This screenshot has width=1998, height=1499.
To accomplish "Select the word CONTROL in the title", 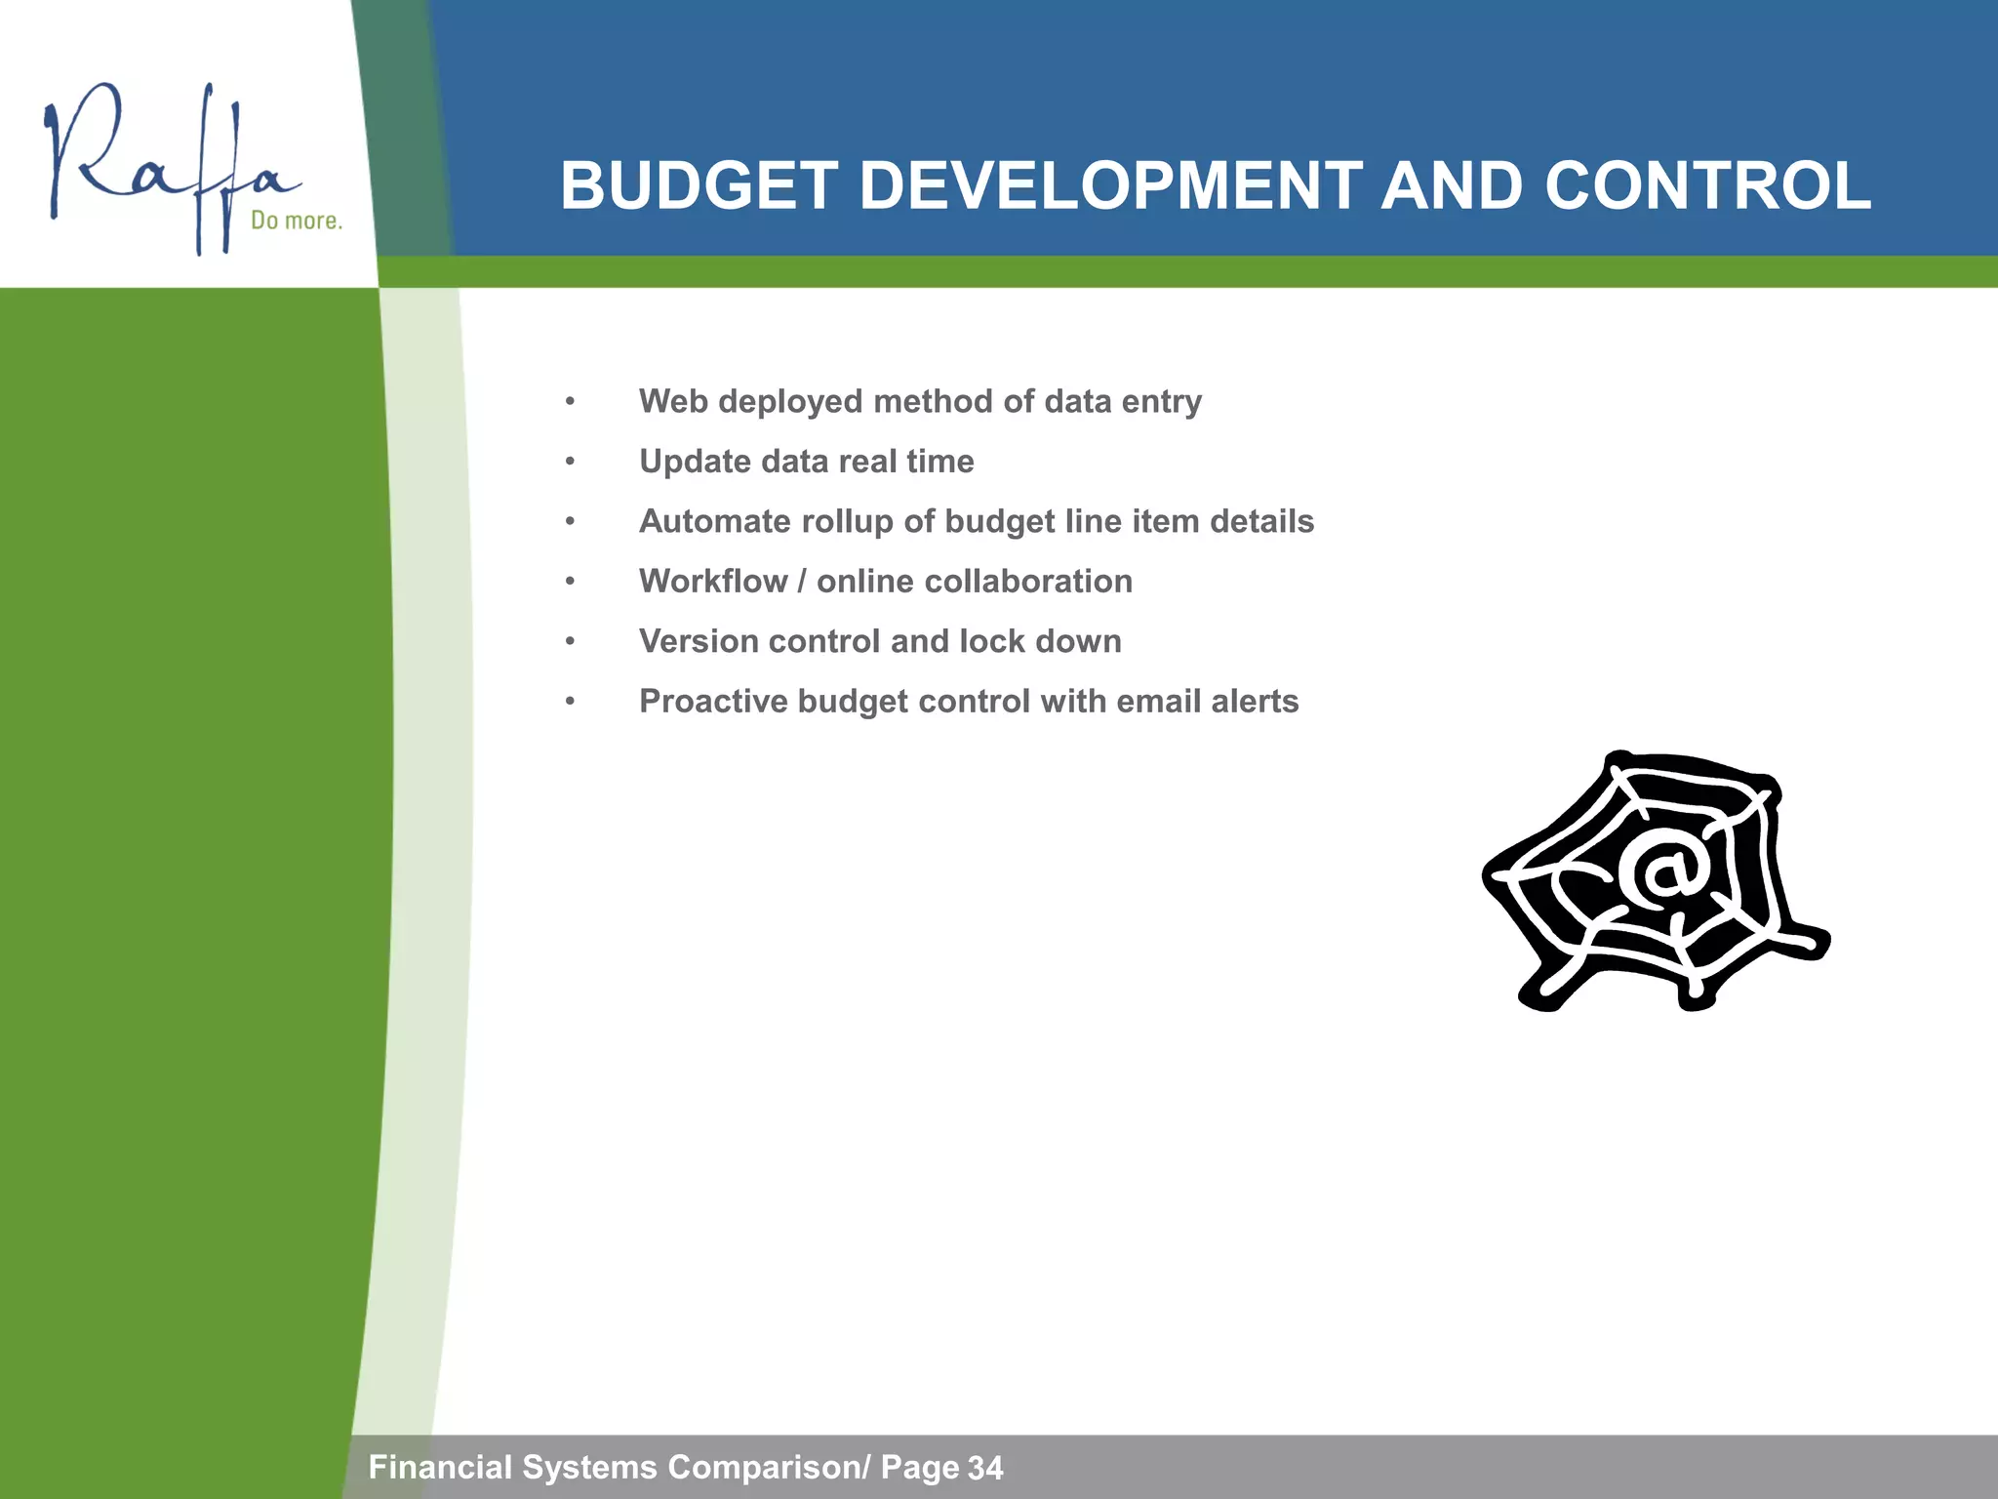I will pyautogui.click(x=1707, y=185).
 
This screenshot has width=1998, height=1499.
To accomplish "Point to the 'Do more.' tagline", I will pyautogui.click(x=297, y=221).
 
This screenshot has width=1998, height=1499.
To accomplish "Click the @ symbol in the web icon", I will pyautogui.click(x=1663, y=871).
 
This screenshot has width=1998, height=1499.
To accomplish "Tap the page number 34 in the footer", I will pyautogui.click(x=985, y=1468).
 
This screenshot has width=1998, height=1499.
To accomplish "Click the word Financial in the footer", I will pyautogui.click(x=440, y=1467).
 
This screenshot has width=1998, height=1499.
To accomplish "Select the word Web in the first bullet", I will pyautogui.click(x=673, y=401).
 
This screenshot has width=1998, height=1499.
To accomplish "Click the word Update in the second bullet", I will pyautogui.click(x=695, y=462).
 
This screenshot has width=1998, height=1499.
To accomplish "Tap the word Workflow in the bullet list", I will pyautogui.click(x=713, y=582).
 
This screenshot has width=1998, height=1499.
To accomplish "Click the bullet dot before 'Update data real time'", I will pyautogui.click(x=570, y=462).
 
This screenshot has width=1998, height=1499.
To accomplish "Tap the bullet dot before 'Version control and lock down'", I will pyautogui.click(x=570, y=642).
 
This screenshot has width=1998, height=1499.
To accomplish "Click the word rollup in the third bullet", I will pyautogui.click(x=848, y=522).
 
